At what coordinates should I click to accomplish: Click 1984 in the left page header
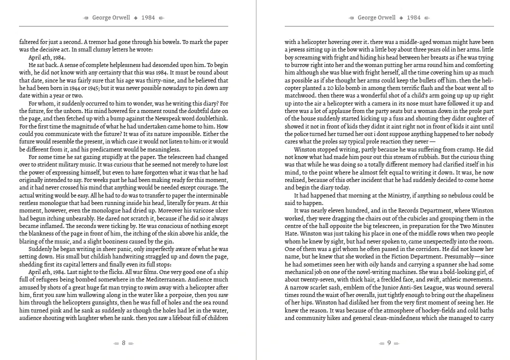(x=148, y=17)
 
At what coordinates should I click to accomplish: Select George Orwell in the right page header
(x=376, y=17)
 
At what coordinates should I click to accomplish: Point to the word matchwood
(x=300, y=95)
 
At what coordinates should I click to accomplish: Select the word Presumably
(x=455, y=257)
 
